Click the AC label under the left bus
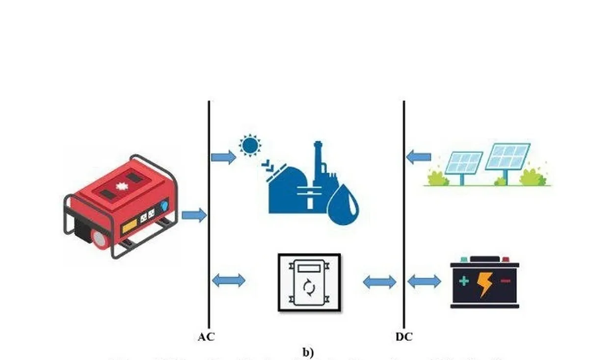click(x=206, y=337)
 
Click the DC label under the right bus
click(x=403, y=337)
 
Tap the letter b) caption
click(x=308, y=352)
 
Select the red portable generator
click(x=118, y=206)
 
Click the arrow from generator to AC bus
click(x=194, y=215)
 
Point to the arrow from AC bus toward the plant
click(x=223, y=157)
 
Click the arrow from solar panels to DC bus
click(x=419, y=157)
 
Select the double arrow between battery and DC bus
click(x=424, y=282)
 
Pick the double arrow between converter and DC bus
click(x=379, y=282)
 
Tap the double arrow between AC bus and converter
click(x=228, y=281)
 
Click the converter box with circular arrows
click(x=309, y=282)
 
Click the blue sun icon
click(x=250, y=146)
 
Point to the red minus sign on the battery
click(x=506, y=281)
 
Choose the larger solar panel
click(x=508, y=156)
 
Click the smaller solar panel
click(x=464, y=164)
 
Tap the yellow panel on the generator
click(x=130, y=226)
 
